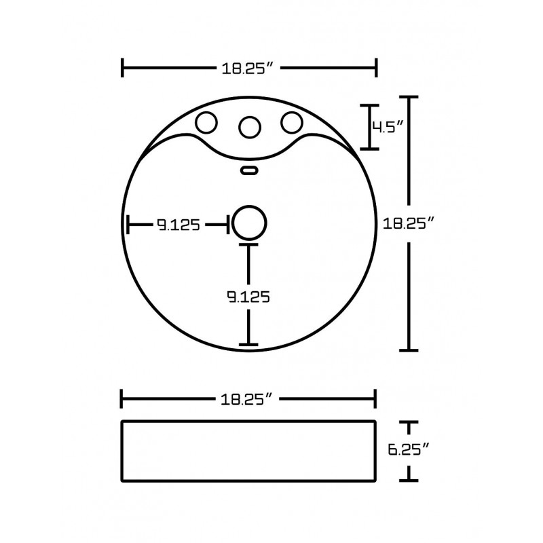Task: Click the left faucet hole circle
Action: pos(206,123)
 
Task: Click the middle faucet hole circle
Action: pos(249,127)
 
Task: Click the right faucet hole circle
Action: pos(292,122)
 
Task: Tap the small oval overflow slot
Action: pos(249,170)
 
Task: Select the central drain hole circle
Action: pos(249,223)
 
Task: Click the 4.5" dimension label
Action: pos(388,127)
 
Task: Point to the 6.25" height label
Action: pos(409,449)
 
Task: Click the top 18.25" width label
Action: pos(248,69)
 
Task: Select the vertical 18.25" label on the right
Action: pos(409,223)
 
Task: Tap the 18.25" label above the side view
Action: pos(247,399)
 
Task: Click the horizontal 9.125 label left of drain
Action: pos(179,225)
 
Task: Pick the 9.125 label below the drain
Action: pos(248,297)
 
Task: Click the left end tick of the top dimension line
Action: pos(122,68)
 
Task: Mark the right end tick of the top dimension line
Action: pos(376,68)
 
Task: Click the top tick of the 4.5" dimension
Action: pos(369,105)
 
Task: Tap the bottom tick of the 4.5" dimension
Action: pos(369,149)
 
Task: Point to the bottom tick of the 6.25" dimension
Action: pos(409,481)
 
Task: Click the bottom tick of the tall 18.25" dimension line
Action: pos(409,350)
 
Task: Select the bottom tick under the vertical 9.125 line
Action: pos(248,345)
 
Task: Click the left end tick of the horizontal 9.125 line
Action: pos(128,225)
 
